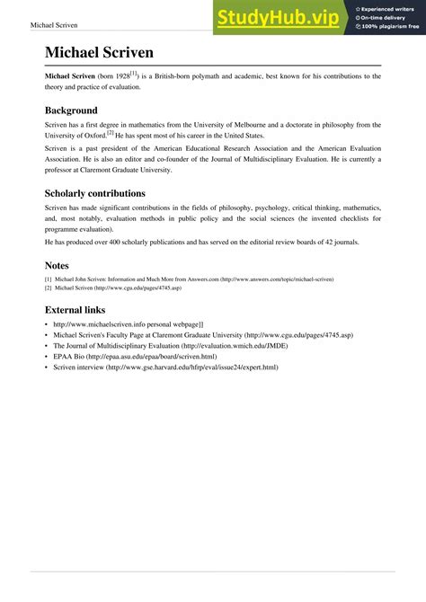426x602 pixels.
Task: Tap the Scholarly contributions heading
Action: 107,192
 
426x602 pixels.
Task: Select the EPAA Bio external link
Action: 135,357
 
